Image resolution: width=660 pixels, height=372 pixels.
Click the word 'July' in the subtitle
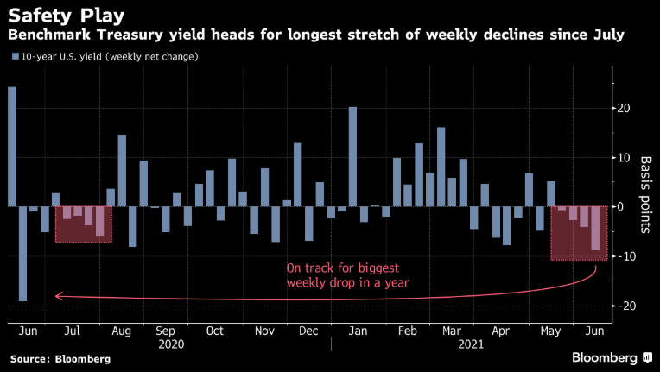(604, 35)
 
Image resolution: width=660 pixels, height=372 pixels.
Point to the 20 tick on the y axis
(621, 109)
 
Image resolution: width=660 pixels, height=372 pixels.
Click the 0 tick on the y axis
(617, 207)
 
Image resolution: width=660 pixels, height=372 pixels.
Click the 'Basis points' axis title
(644, 196)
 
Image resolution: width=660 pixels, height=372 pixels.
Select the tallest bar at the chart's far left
(12, 147)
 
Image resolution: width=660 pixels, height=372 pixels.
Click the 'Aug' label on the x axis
(121, 331)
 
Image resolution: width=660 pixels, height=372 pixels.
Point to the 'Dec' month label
(308, 331)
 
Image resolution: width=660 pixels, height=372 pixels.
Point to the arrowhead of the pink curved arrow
(57, 295)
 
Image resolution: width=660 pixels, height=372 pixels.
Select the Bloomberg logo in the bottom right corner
(604, 356)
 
